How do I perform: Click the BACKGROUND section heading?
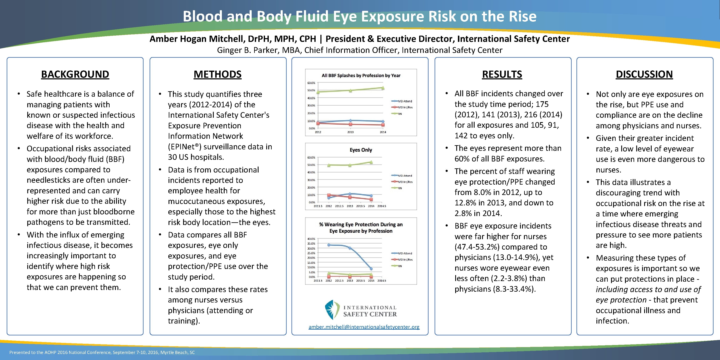click(x=75, y=74)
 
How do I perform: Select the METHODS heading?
click(x=217, y=74)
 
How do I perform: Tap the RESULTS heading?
click(x=502, y=74)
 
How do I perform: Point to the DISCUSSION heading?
click(x=644, y=74)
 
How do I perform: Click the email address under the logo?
click(x=364, y=327)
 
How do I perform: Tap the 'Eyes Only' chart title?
click(x=361, y=150)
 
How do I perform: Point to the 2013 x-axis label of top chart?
click(x=350, y=132)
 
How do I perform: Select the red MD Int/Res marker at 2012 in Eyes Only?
click(x=329, y=195)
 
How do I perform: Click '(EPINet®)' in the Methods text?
click(x=184, y=147)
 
